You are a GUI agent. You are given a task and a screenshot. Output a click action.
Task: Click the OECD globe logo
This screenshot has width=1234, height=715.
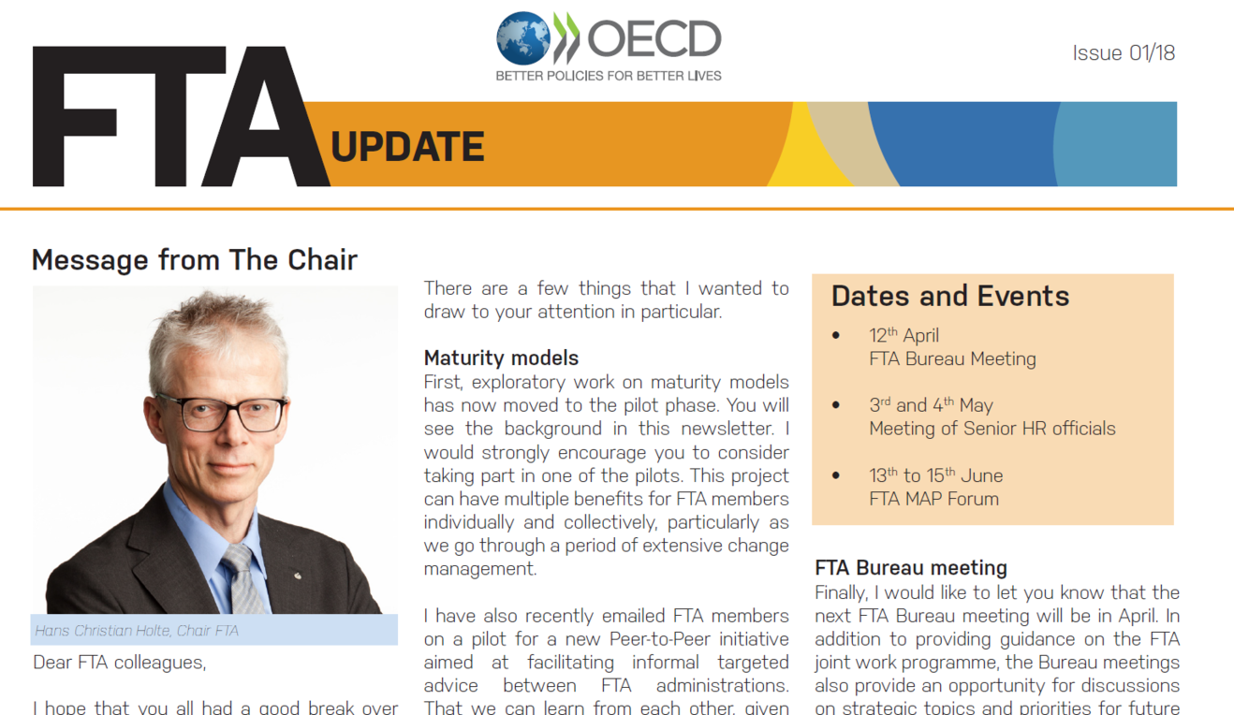coord(522,38)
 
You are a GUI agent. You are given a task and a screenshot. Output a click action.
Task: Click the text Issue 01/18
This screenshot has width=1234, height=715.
coord(1124,53)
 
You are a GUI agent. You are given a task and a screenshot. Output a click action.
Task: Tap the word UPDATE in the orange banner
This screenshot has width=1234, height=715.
coord(407,147)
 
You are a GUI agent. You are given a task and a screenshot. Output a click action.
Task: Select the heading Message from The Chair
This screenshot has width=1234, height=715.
coord(195,260)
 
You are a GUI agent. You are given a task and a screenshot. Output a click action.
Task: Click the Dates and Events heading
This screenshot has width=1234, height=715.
coord(950,296)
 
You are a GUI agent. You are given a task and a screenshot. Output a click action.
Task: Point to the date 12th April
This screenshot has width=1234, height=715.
coord(904,335)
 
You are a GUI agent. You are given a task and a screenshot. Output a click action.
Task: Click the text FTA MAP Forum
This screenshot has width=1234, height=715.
coord(933,499)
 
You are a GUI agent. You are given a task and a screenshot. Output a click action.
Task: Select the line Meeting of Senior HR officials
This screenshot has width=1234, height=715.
coord(992,428)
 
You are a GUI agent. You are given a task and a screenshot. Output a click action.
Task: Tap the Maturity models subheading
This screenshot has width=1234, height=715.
coord(501,358)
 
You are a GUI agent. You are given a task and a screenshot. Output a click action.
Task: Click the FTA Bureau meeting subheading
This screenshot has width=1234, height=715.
coord(911,567)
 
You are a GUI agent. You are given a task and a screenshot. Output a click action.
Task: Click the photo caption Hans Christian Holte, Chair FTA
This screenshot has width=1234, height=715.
coord(137,630)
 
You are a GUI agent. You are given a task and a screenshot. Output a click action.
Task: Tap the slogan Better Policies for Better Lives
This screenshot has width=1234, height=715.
coord(609,76)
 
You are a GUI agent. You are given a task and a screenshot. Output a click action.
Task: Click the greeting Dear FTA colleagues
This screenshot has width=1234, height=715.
coord(120,662)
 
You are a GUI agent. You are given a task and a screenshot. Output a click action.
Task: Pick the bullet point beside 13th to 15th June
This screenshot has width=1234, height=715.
coord(836,475)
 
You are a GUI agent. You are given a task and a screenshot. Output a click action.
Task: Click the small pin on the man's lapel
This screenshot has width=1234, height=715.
coord(298,576)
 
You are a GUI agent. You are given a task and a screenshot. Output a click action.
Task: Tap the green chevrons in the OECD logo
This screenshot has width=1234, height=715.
coord(566,37)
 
